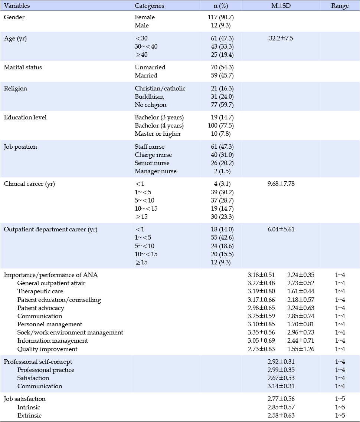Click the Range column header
tap(340, 6)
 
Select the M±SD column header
tap(281, 6)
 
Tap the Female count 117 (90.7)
tap(221, 17)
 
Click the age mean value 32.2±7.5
tap(281, 38)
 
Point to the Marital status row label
tap(23, 67)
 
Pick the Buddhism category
tap(149, 97)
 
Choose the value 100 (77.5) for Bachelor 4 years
tap(221, 125)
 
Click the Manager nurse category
tap(156, 171)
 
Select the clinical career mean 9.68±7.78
tap(281, 184)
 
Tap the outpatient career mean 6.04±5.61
tap(281, 229)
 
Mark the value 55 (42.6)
tap(222, 238)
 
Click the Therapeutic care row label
tap(40, 291)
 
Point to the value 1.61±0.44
tap(301, 291)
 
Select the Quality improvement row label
tap(48, 349)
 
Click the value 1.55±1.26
tap(301, 349)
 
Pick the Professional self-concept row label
tap(38, 362)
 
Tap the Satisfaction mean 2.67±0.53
tap(281, 378)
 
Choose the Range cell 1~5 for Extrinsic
tap(340, 416)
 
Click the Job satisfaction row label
tap(24, 399)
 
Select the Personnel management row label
tap(50, 324)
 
